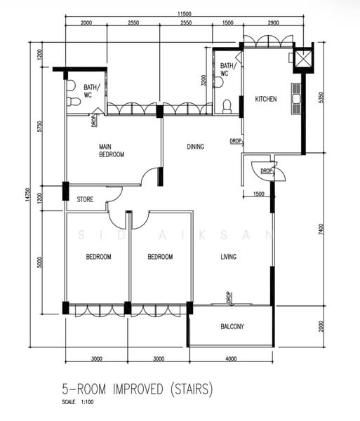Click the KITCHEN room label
tap(266, 99)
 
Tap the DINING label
tap(195, 147)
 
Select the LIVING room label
tap(229, 257)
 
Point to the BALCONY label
tap(232, 326)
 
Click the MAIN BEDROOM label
tap(112, 151)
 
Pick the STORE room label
tap(85, 199)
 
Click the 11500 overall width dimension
tap(184, 14)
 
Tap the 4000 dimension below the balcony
tap(231, 359)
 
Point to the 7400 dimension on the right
tap(321, 229)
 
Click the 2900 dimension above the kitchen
tap(273, 23)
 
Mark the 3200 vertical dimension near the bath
tap(204, 80)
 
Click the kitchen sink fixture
tap(296, 99)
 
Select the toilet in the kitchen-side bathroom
tap(227, 107)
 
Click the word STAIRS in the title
tap(192, 389)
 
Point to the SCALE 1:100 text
tap(78, 402)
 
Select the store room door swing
tap(114, 194)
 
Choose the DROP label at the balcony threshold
tap(229, 298)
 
